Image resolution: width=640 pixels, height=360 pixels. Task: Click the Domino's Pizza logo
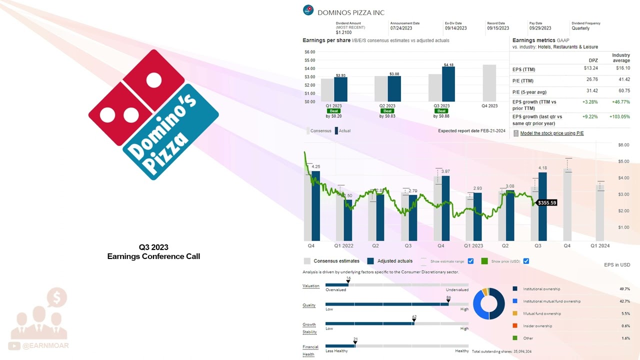[153, 114]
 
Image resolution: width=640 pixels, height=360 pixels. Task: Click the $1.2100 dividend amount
[343, 32]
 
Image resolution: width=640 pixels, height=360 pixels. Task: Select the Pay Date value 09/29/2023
[540, 28]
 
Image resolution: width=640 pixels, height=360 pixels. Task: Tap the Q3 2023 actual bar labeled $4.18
[448, 84]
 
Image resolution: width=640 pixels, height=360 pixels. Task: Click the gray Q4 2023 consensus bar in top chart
[489, 83]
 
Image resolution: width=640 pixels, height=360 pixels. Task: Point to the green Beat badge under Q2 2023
[387, 111]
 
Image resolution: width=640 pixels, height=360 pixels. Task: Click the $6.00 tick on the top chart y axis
[309, 52]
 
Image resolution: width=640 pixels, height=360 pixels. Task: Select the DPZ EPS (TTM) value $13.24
[590, 68]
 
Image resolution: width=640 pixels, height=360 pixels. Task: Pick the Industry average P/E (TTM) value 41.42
[623, 79]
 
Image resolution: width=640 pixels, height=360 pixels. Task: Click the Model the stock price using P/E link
[551, 133]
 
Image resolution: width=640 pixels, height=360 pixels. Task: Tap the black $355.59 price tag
[546, 203]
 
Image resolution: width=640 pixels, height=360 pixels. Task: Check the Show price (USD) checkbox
[525, 261]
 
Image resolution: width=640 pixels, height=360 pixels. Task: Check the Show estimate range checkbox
[470, 261]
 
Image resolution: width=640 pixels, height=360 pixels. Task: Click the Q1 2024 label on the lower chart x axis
[599, 246]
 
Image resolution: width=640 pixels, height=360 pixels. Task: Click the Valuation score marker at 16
[348, 282]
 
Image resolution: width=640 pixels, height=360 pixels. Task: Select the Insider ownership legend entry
[537, 326]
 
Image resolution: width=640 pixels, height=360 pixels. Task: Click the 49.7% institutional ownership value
[624, 289]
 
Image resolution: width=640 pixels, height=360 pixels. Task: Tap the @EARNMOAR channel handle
[45, 345]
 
